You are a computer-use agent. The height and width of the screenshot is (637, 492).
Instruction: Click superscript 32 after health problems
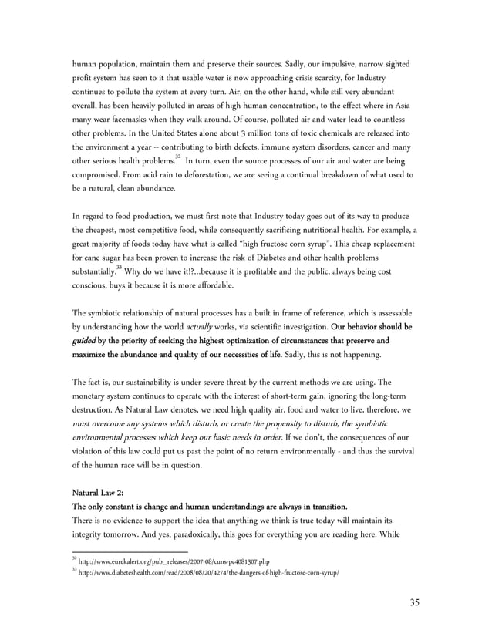pos(177,157)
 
